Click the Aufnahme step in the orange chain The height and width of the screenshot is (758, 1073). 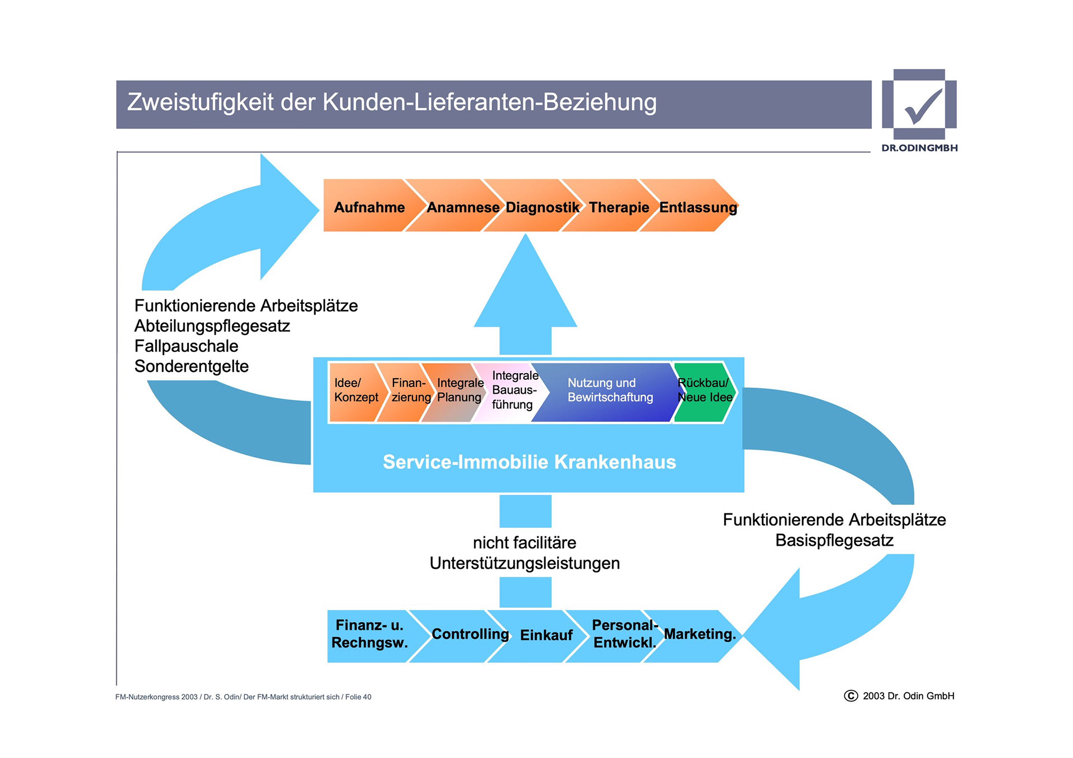(x=369, y=207)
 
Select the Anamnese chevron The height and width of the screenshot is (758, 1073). (x=463, y=207)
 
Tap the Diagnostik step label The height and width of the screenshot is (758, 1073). (x=542, y=207)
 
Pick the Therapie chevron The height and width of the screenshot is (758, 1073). (x=619, y=207)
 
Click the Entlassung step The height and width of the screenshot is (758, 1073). (x=697, y=207)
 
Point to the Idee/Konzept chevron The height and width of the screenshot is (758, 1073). (x=356, y=390)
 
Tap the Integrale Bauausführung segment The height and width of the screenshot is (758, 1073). (x=513, y=390)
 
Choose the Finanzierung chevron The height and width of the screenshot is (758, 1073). (x=410, y=390)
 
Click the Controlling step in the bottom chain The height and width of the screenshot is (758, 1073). (x=470, y=635)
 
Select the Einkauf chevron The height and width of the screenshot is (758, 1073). (x=546, y=636)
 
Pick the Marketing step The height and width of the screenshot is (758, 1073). (x=699, y=635)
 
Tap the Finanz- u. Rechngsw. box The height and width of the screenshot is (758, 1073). (x=369, y=635)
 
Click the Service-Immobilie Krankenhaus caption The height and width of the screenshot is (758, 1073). (x=529, y=462)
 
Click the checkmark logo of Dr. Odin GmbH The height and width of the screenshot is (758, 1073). (x=920, y=105)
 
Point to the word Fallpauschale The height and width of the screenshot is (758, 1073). (x=186, y=346)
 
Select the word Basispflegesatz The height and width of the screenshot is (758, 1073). (x=834, y=541)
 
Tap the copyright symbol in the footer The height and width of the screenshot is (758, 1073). (x=851, y=696)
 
